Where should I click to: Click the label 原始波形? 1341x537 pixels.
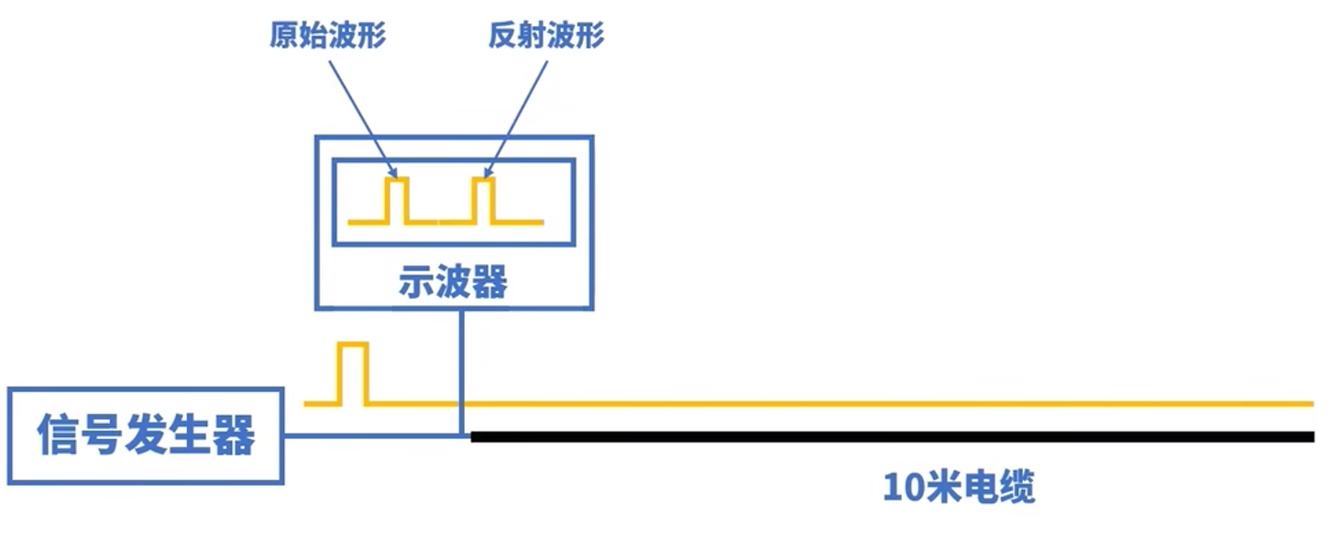click(327, 36)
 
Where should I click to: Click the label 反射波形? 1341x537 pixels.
click(546, 36)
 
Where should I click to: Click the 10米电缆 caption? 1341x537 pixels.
click(959, 487)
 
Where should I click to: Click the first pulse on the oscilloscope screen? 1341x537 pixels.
click(397, 200)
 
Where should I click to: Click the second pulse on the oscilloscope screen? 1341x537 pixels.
click(483, 200)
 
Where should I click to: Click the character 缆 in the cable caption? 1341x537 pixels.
click(1017, 487)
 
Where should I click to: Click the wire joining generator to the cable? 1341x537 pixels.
click(371, 435)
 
